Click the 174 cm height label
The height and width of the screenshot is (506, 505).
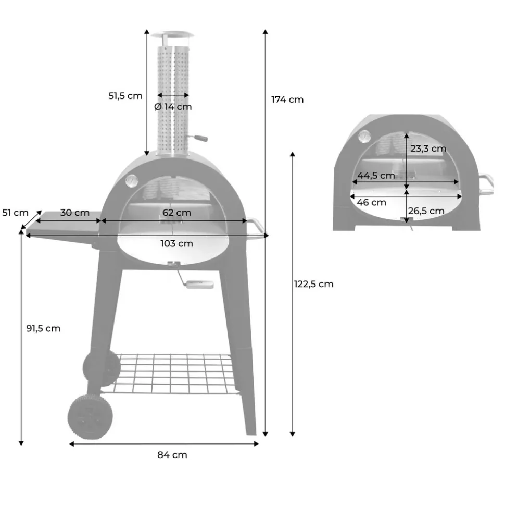click(x=287, y=100)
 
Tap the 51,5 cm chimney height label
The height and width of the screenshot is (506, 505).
click(x=125, y=96)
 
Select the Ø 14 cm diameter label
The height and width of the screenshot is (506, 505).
click(x=173, y=107)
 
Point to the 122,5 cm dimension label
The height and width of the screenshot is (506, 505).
click(x=313, y=284)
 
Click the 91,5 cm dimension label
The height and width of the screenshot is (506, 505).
click(x=43, y=328)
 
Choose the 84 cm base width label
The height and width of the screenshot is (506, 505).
click(x=172, y=455)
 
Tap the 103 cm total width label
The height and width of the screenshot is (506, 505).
click(x=176, y=243)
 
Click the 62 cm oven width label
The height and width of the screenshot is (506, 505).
click(x=176, y=213)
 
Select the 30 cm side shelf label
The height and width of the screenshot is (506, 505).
click(x=75, y=213)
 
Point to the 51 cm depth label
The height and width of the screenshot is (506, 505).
click(x=15, y=213)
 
